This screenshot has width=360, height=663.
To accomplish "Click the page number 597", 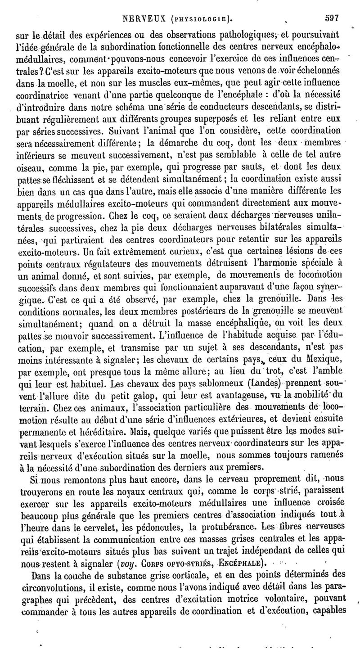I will (331, 18).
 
